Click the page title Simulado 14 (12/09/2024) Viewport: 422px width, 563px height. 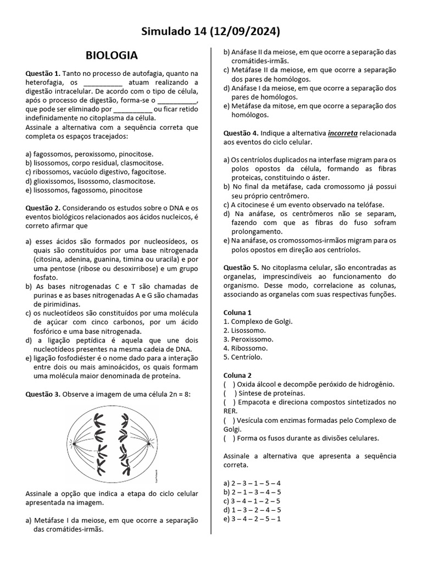coord(210,31)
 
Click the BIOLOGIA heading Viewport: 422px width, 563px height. coord(112,56)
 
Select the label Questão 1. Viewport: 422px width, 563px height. coord(43,73)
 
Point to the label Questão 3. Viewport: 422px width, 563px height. coord(43,394)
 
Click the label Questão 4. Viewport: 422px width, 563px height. coord(241,133)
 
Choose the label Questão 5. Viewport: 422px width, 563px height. coord(241,267)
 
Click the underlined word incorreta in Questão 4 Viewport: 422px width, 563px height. coord(343,133)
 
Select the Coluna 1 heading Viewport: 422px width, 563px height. coord(237,312)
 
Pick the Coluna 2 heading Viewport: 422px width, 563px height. coord(237,375)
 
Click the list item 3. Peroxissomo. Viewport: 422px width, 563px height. coord(249,339)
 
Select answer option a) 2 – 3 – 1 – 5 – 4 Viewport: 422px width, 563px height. coord(252,483)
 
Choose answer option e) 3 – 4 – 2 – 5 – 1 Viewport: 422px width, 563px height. coord(252,518)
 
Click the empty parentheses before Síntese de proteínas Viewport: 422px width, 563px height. coord(230,393)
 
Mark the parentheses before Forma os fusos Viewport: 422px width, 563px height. coord(230,438)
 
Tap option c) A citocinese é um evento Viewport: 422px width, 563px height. coord(303,205)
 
